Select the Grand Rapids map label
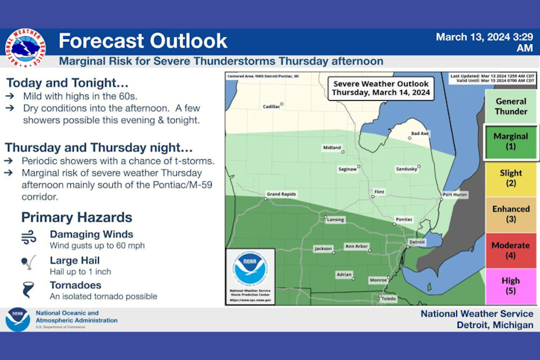point(281,193)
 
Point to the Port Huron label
point(455,194)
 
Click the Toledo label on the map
point(389,298)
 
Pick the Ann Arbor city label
point(357,246)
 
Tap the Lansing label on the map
point(335,219)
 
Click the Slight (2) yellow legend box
point(510,178)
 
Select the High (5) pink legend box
point(510,285)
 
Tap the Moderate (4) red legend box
point(510,250)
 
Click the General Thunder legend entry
point(510,106)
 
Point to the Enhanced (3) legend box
point(510,214)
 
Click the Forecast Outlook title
point(143,40)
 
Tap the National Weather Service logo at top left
point(25,48)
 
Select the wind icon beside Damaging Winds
point(28,236)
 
